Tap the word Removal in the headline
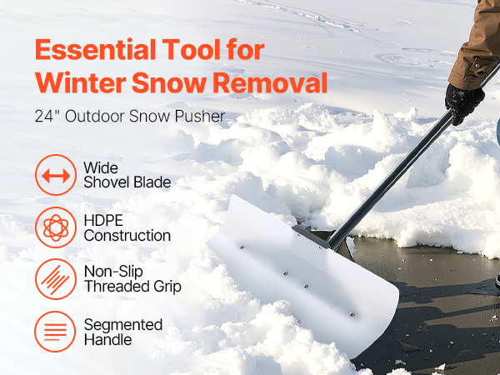pos(270,82)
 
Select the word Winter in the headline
pos(80,82)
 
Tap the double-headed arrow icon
pos(56,175)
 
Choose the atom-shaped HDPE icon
pos(56,227)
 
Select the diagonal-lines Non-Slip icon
pos(56,279)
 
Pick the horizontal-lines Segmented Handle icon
pos(55,332)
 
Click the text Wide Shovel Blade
pos(127,175)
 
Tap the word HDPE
pos(103,220)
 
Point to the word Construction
pos(127,236)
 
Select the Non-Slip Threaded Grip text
pos(132,279)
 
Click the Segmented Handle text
pos(123,332)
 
